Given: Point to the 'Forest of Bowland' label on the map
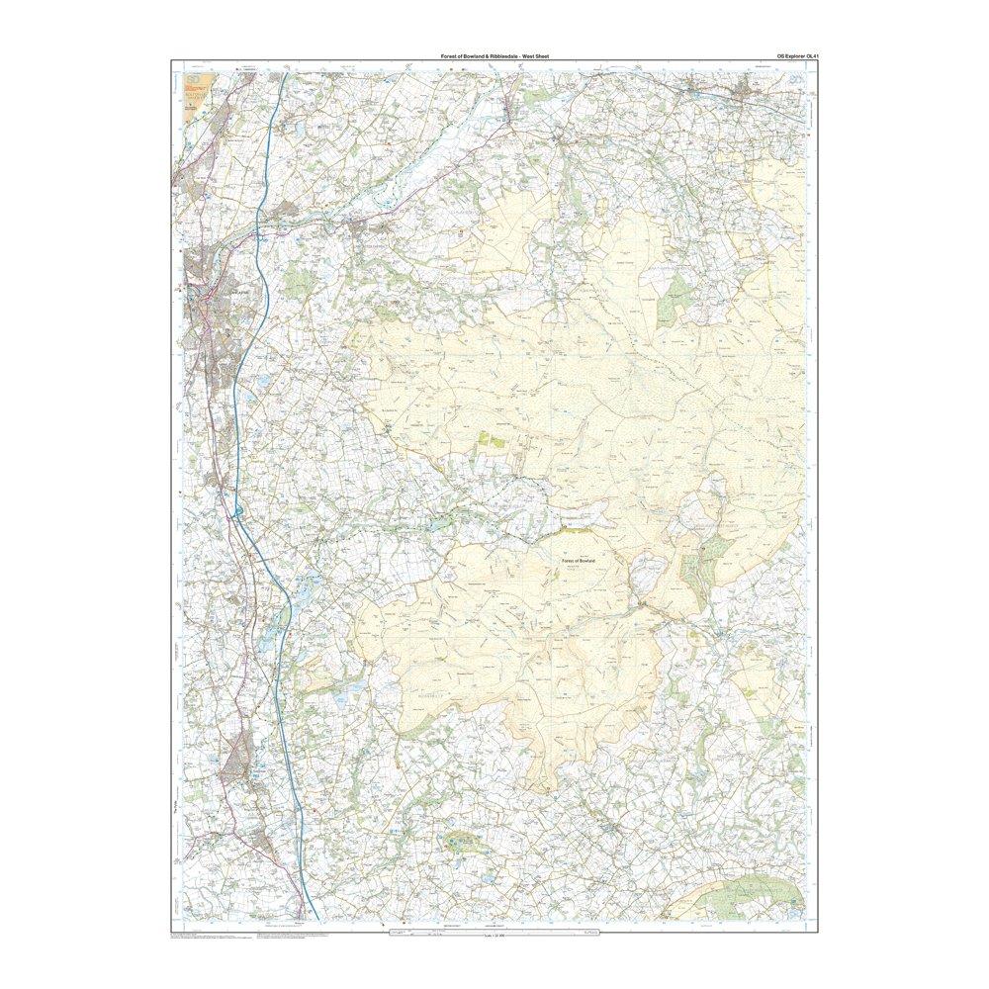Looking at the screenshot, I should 583,561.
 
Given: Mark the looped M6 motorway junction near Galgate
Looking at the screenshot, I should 238,511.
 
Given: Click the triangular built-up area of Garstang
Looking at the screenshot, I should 237,767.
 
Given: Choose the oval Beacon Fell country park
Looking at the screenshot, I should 462,844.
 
